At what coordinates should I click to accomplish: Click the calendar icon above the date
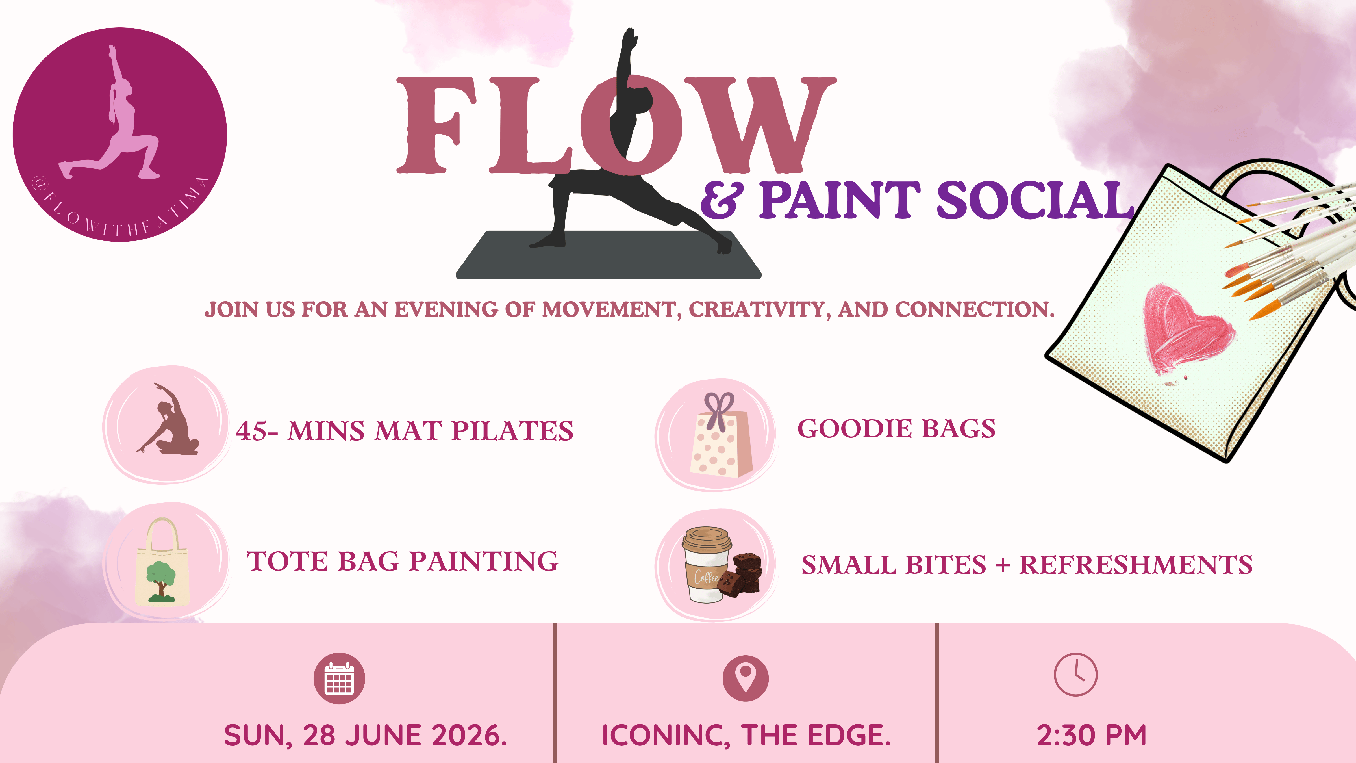339,678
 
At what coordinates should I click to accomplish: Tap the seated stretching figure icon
168,420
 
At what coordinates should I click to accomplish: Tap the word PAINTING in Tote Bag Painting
484,561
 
